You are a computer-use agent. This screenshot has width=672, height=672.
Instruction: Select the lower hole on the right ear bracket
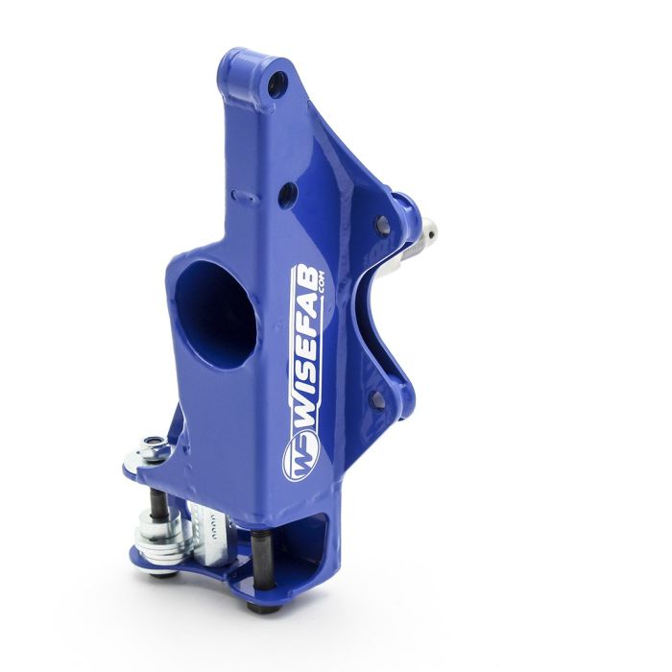[377, 396]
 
